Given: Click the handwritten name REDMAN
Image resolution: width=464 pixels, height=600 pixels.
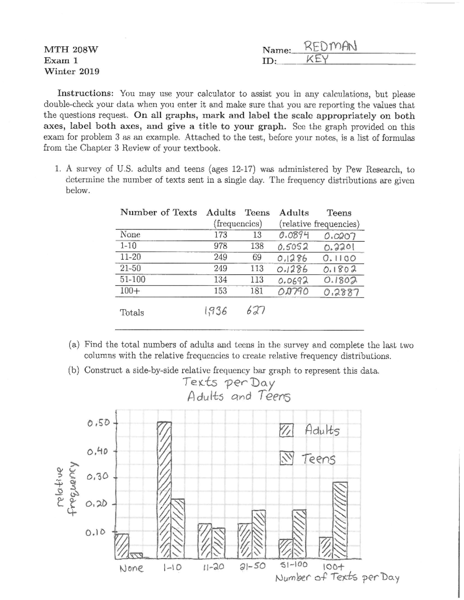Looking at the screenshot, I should (x=330, y=47).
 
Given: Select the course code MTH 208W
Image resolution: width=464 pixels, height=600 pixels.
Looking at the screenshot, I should (x=71, y=49).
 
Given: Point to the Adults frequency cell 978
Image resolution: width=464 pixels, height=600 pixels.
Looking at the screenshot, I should (x=220, y=246).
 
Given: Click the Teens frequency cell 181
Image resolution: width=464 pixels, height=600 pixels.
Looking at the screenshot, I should (x=256, y=291).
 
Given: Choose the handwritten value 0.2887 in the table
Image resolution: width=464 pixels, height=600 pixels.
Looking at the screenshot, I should (x=342, y=292).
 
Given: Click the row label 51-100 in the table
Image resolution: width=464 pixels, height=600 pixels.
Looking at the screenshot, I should (x=133, y=279).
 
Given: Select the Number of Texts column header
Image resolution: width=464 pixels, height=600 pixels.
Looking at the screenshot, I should (x=159, y=212).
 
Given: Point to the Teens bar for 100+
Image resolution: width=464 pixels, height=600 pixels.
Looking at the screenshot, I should (x=340, y=520).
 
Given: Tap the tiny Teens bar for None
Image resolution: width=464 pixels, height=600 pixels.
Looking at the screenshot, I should (x=136, y=556).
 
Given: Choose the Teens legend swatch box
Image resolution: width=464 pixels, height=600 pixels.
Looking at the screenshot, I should (x=287, y=458).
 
